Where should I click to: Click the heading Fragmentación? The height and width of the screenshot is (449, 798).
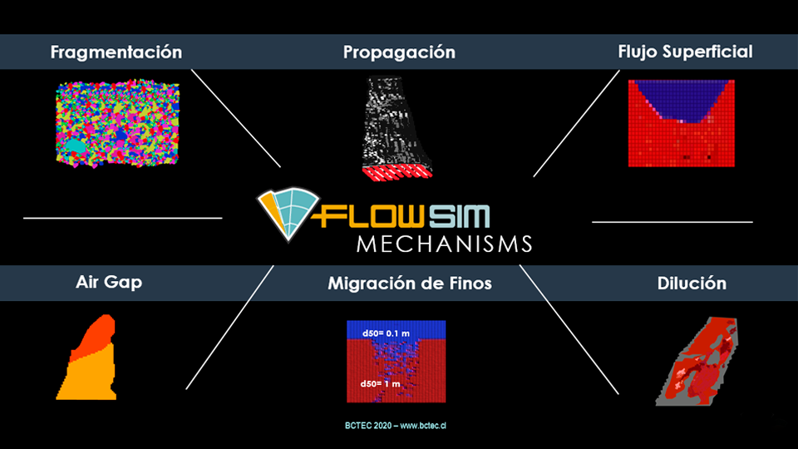click(116, 52)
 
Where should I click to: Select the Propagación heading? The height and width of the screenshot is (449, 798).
click(399, 52)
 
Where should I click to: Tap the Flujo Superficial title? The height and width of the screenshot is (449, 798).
click(685, 52)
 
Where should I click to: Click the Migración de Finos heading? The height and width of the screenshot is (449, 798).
click(409, 284)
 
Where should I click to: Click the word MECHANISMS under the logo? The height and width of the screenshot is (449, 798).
click(444, 244)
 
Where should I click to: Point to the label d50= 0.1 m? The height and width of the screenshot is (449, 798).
click(387, 333)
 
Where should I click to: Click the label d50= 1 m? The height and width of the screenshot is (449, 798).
click(382, 384)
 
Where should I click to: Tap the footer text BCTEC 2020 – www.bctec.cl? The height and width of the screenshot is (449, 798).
click(397, 426)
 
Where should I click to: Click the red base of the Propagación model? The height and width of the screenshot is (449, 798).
click(397, 173)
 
